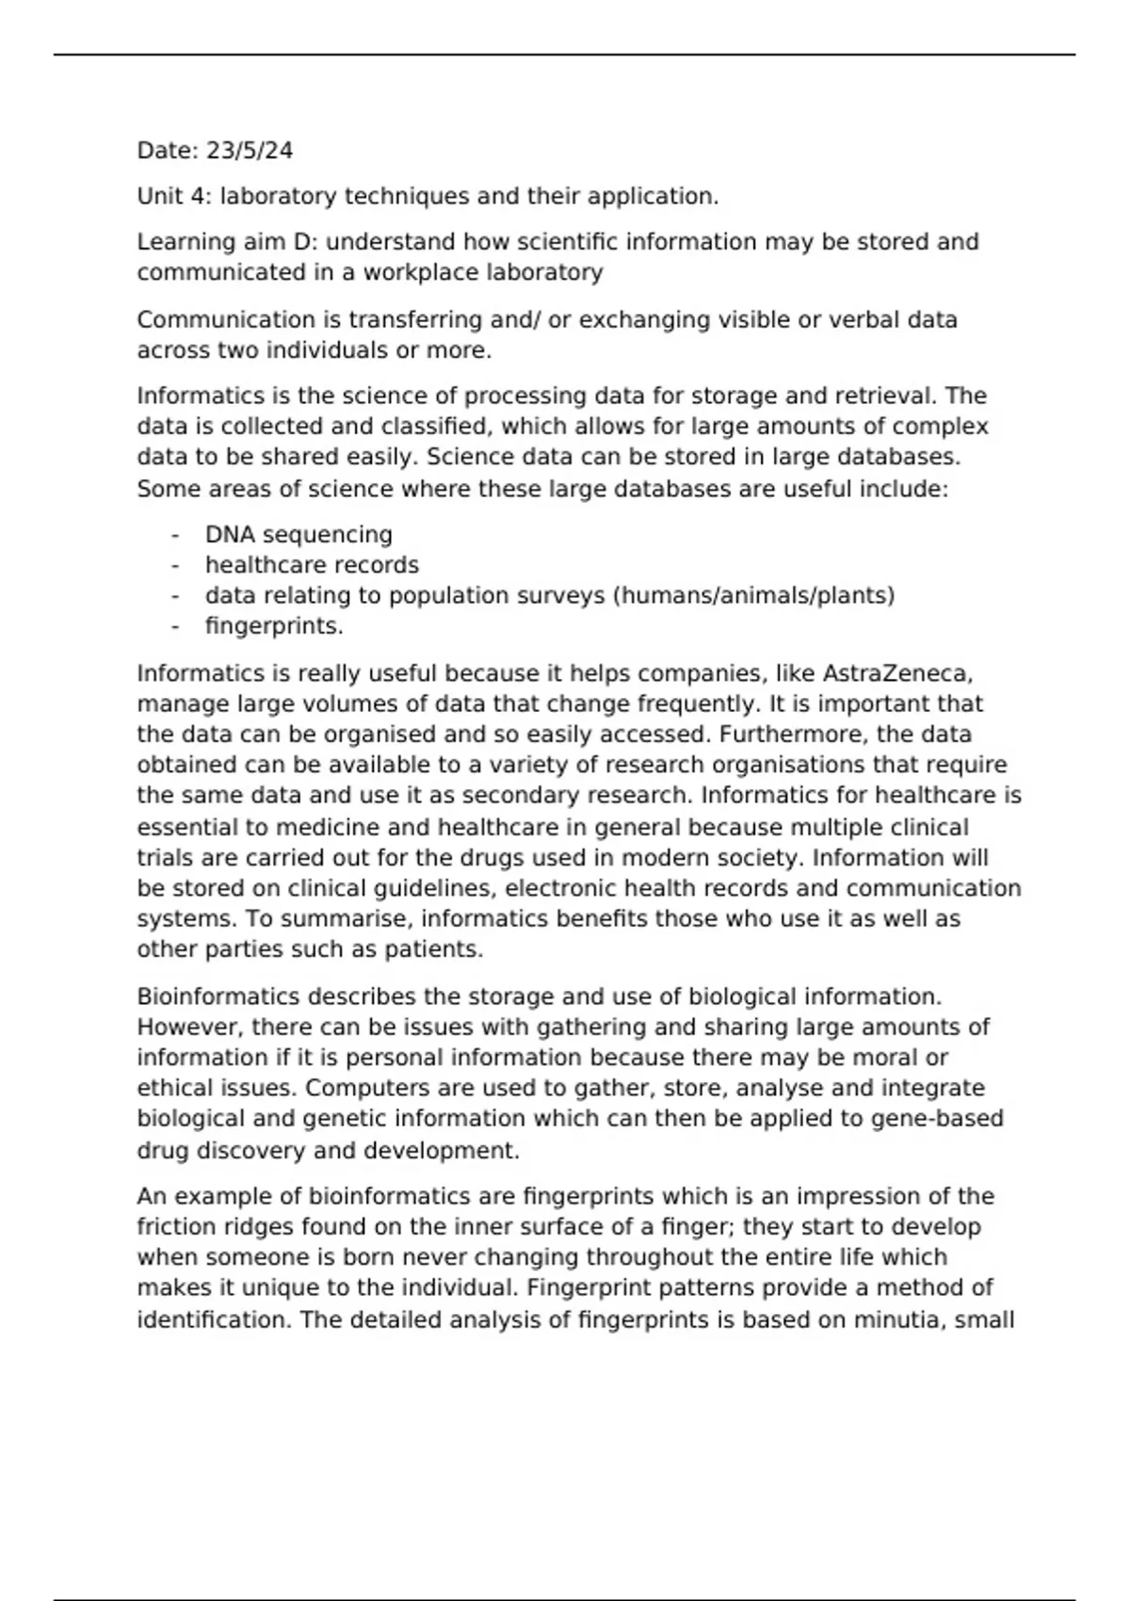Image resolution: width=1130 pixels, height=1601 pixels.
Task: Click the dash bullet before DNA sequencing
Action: (175, 535)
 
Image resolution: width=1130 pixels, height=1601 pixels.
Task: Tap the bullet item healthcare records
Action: (312, 565)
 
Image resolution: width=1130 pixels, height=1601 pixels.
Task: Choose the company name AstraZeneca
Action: (897, 674)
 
